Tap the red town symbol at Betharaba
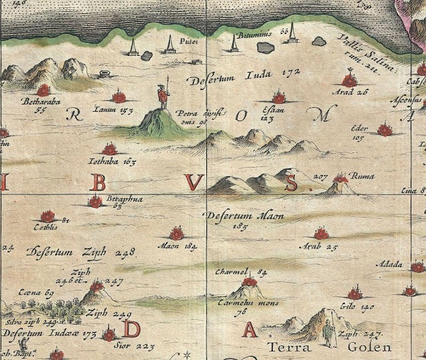coord(45,90)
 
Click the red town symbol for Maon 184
coord(176,234)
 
